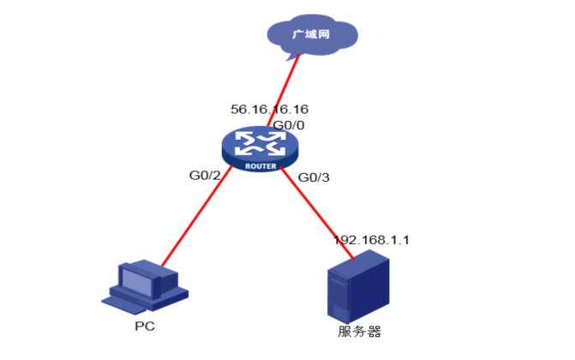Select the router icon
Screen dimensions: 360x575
point(261,148)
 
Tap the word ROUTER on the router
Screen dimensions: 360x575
point(261,165)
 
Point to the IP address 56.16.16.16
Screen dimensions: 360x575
point(269,110)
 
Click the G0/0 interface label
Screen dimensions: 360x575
point(289,125)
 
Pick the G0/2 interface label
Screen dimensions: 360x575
point(205,176)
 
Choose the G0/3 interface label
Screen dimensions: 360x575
point(313,177)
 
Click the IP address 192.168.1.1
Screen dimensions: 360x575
point(371,239)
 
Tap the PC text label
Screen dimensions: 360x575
point(145,327)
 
